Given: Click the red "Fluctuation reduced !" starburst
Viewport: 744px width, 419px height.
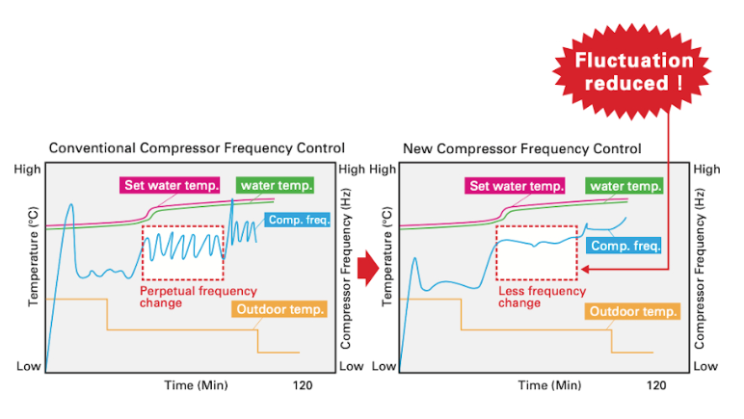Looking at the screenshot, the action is click(x=631, y=71).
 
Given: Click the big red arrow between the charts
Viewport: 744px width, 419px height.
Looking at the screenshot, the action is click(x=368, y=269).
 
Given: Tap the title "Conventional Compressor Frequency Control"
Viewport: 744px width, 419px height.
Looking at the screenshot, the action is click(x=197, y=148).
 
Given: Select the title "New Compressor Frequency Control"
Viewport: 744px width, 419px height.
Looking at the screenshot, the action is click(x=522, y=149).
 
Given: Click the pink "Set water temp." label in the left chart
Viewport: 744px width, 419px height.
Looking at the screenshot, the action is click(x=170, y=185).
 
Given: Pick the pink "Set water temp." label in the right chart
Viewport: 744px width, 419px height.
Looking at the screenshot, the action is click(x=516, y=186).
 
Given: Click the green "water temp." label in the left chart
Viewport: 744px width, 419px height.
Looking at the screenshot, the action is click(x=276, y=185).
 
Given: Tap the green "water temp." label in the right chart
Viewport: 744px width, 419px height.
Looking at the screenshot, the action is click(x=624, y=186).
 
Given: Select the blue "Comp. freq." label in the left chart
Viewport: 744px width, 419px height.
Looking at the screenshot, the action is click(x=298, y=220).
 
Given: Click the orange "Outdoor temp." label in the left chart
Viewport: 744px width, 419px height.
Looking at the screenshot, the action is click(x=279, y=309).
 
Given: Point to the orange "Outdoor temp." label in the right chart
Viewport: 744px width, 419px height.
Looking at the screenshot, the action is click(x=632, y=311).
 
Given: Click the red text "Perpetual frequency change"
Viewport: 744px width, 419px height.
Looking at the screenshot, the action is click(x=198, y=297).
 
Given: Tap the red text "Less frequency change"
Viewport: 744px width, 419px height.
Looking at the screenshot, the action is click(x=542, y=297).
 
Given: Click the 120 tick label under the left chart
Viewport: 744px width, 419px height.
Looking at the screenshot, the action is click(x=303, y=385).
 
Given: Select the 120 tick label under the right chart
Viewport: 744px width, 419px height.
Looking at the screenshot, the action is click(x=656, y=385).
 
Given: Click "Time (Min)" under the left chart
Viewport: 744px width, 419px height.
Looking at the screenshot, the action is click(x=196, y=385).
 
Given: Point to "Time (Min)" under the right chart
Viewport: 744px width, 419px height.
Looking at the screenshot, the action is click(x=549, y=385).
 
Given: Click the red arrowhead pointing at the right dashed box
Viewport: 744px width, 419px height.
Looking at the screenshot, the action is click(x=585, y=269).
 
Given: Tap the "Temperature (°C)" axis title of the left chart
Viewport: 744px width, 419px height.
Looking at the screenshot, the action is click(x=33, y=256).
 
